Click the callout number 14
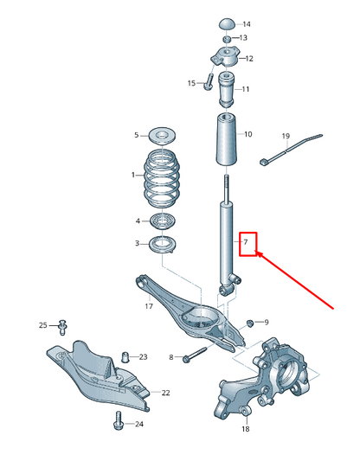click(246, 24)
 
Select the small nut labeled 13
click(226, 39)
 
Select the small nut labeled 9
click(249, 323)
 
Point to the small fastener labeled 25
click(63, 325)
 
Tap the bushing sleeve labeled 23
click(125, 355)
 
